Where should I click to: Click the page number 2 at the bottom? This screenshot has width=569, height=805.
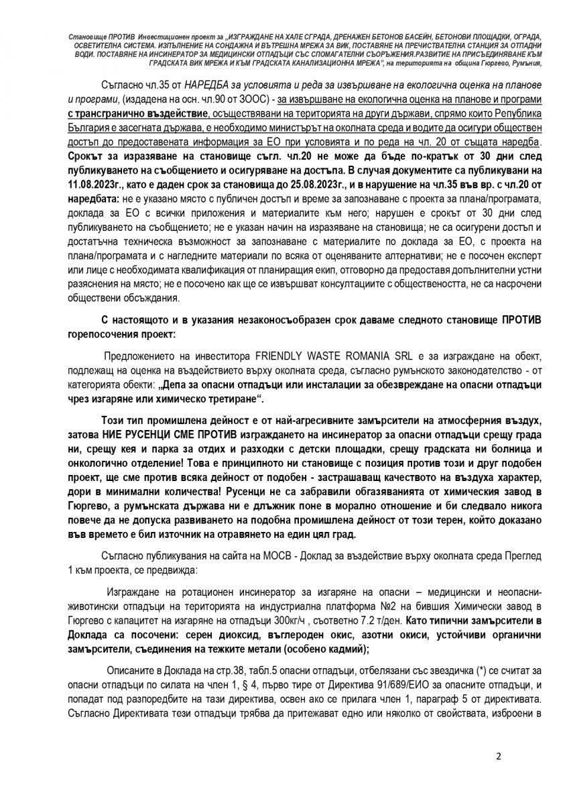pyautogui.click(x=498, y=757)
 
